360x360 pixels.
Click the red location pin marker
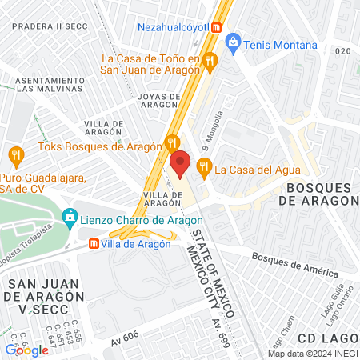coord(180,164)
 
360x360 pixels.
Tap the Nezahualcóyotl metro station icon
coord(216,26)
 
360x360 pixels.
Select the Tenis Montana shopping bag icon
coord(233,41)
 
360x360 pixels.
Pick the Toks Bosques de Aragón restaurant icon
coord(170,144)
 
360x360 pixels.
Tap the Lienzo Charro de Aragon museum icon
coord(70,216)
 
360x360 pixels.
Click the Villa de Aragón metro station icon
coord(94,244)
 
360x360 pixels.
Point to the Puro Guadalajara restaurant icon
coord(14,154)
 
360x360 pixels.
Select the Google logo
coord(26,350)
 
